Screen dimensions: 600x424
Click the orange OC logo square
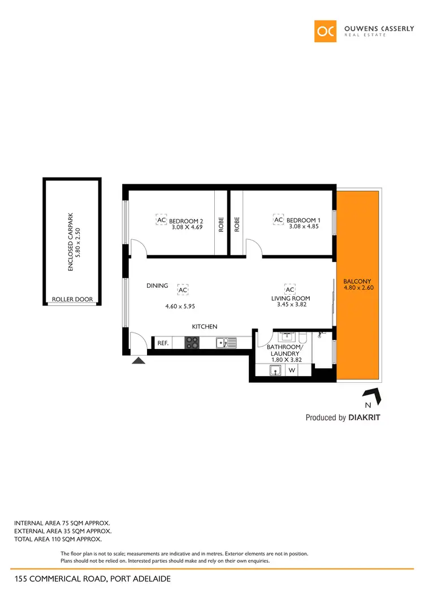pyautogui.click(x=326, y=31)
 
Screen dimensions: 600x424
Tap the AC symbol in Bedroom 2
pyautogui.click(x=161, y=220)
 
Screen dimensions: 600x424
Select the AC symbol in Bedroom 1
pyautogui.click(x=278, y=220)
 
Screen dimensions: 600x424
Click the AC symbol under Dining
pyautogui.click(x=183, y=290)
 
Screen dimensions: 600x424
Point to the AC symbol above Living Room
pyautogui.click(x=290, y=290)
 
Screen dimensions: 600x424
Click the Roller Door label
pyautogui.click(x=72, y=299)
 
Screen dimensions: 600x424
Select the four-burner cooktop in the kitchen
pyautogui.click(x=192, y=342)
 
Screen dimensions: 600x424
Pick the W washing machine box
pyautogui.click(x=292, y=370)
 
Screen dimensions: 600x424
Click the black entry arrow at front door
pyautogui.click(x=139, y=360)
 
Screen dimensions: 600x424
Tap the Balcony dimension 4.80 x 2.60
pyautogui.click(x=358, y=287)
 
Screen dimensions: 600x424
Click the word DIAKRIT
pyautogui.click(x=365, y=418)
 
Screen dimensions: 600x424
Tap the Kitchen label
pyautogui.click(x=205, y=326)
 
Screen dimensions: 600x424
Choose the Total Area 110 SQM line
pyautogui.click(x=58, y=539)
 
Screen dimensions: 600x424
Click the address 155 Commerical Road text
pyautogui.click(x=92, y=579)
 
